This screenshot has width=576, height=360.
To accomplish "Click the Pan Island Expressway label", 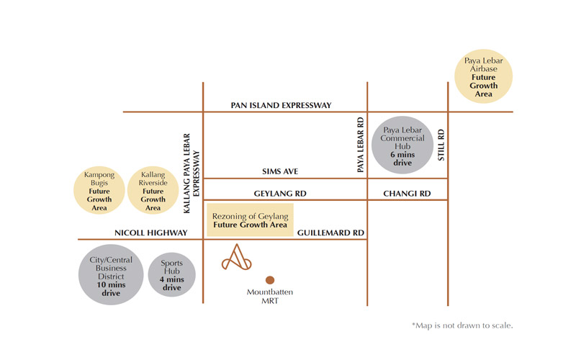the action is pyautogui.click(x=281, y=105).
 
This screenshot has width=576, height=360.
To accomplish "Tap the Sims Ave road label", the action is pyautogui.click(x=280, y=171).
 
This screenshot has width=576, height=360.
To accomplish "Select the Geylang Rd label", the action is pyautogui.click(x=280, y=194).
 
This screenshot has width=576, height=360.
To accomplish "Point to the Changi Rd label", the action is pyautogui.click(x=407, y=194).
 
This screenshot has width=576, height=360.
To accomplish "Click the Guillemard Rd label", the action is pyautogui.click(x=330, y=233).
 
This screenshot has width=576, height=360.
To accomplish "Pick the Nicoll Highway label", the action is pyautogui.click(x=151, y=233).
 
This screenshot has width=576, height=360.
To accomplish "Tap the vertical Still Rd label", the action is pyautogui.click(x=441, y=145).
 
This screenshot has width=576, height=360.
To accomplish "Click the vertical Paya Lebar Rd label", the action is pyautogui.click(x=361, y=145).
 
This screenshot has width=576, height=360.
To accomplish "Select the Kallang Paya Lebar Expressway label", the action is pyautogui.click(x=192, y=174).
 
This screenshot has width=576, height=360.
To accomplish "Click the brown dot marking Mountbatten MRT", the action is pyautogui.click(x=270, y=280).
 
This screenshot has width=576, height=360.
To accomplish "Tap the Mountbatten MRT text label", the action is pyautogui.click(x=270, y=297).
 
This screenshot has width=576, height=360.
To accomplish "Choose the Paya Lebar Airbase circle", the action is pyautogui.click(x=483, y=76).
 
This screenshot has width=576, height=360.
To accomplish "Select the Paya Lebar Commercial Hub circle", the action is pyautogui.click(x=402, y=145).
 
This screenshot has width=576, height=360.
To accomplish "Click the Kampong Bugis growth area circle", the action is pyautogui.click(x=99, y=190).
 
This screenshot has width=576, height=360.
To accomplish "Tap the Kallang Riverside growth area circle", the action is pyautogui.click(x=153, y=190).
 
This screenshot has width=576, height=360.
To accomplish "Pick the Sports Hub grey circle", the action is pyautogui.click(x=171, y=275).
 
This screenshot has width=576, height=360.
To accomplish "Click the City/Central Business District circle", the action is pyautogui.click(x=111, y=275).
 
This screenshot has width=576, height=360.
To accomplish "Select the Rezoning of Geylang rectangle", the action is pyautogui.click(x=250, y=220).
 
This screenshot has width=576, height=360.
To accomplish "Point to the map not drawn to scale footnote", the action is pyautogui.click(x=462, y=325).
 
